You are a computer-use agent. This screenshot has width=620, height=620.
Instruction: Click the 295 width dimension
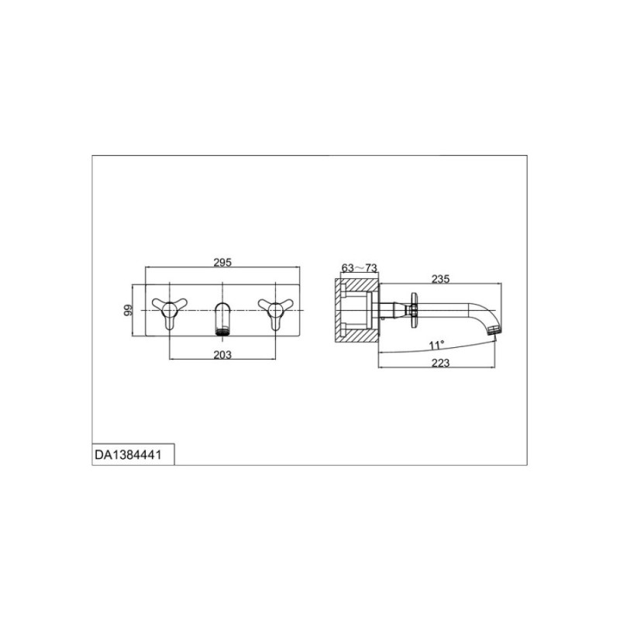(222, 262)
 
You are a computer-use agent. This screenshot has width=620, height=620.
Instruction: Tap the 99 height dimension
(128, 310)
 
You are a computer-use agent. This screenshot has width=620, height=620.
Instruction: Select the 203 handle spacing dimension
(222, 355)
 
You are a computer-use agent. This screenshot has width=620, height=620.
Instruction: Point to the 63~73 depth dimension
(359, 268)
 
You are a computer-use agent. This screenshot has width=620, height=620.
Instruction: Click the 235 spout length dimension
(440, 279)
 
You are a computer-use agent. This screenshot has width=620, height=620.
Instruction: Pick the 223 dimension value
(440, 363)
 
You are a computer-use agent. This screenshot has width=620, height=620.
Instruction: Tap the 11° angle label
(436, 345)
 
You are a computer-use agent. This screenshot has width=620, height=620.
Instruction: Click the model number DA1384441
(128, 455)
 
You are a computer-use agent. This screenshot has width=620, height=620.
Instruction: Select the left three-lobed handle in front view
(170, 312)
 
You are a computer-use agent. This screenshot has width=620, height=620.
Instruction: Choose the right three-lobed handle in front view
(275, 312)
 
